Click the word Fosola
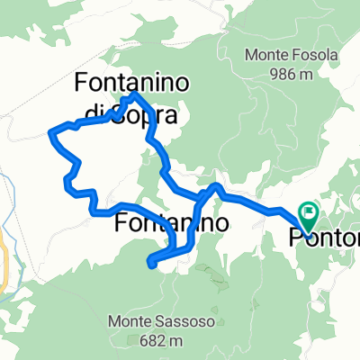point(314,55)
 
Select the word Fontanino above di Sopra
point(130,83)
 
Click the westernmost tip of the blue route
point(49,134)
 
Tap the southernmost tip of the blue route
point(151,265)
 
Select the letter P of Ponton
point(297,238)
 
